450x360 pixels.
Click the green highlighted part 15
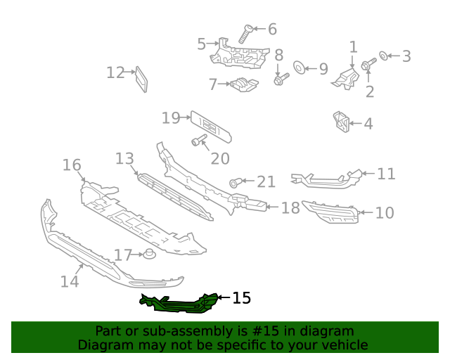(x=179, y=302)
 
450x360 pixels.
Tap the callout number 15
(x=241, y=298)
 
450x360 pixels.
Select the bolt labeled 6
(x=247, y=34)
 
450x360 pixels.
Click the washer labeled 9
(x=298, y=68)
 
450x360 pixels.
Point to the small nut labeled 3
(x=384, y=56)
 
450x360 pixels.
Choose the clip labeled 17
(x=149, y=254)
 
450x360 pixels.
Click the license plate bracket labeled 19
(x=210, y=125)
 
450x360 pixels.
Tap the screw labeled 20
(x=198, y=141)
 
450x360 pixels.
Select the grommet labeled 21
(x=235, y=183)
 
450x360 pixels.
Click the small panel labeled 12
(x=141, y=79)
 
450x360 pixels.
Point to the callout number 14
(x=70, y=281)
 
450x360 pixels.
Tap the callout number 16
(x=72, y=165)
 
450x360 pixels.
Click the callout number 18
(x=290, y=207)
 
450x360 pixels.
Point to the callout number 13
(x=124, y=159)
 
